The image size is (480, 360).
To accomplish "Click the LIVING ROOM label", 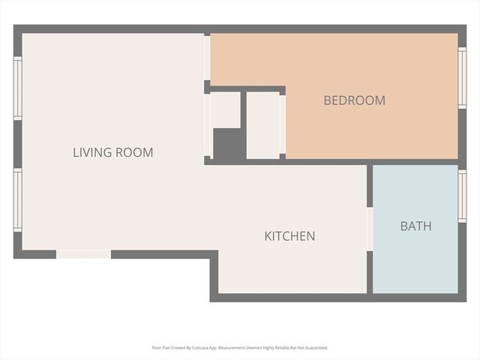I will [112, 152].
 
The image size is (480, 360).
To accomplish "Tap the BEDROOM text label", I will [354, 100].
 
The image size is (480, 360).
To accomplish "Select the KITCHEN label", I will [289, 236].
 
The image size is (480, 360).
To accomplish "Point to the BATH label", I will [415, 226].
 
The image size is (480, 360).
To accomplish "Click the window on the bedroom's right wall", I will [462, 78].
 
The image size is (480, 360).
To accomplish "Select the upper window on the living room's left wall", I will [17, 88].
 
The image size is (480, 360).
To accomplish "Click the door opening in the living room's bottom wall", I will [84, 254].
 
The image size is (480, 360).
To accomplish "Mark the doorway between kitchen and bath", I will [370, 229].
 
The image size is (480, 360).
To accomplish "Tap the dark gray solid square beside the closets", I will [226, 143].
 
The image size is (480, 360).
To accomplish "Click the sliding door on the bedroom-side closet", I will [283, 124].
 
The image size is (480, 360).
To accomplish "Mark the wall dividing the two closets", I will [243, 124].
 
